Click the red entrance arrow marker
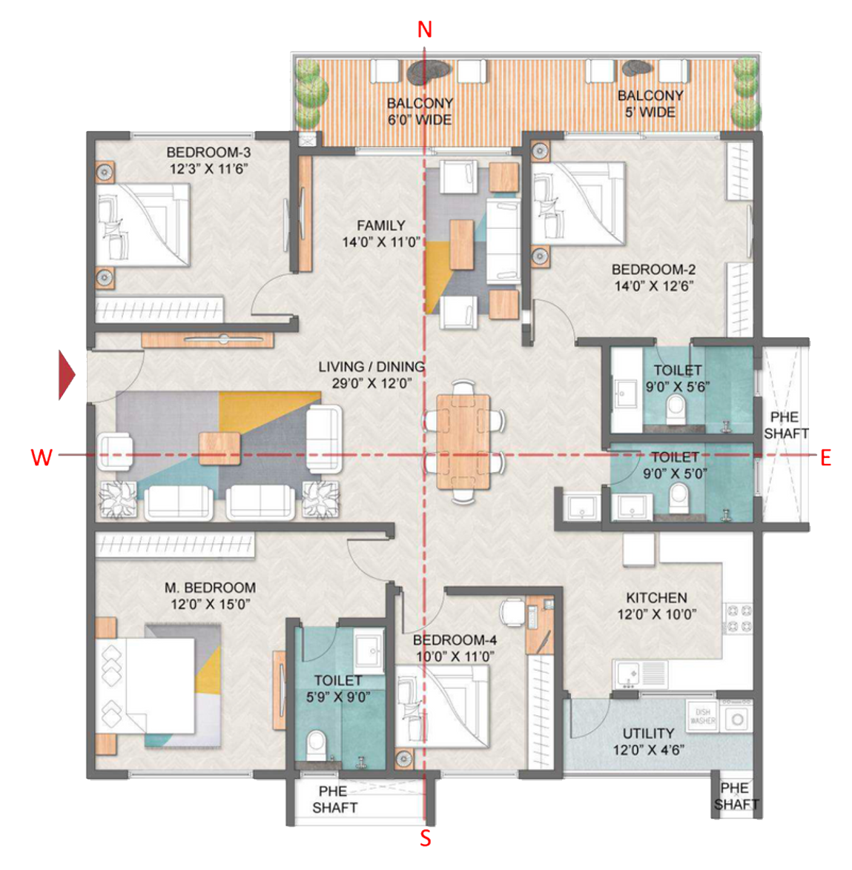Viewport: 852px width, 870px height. point(67,376)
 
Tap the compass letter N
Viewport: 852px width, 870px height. point(424,30)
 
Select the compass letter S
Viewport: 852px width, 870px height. point(426,838)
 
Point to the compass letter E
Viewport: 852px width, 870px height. point(825,458)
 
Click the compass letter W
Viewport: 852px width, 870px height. point(41,458)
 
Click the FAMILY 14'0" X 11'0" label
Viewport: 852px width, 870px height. point(381,233)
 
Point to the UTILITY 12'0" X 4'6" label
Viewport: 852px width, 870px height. point(648,741)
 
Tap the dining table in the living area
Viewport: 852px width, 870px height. point(463,442)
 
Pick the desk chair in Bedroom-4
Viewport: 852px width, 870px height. point(511,611)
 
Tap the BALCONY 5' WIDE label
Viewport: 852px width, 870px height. point(650,104)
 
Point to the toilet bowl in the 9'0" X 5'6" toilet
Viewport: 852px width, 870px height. point(676,408)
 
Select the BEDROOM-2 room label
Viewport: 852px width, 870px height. point(653,278)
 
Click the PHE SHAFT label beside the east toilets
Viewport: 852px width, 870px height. point(785,425)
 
